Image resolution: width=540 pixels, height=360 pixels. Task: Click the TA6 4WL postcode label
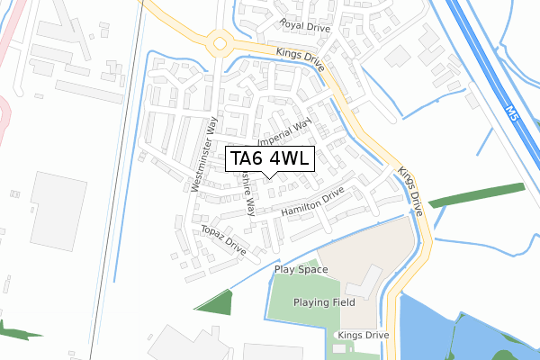[270, 159]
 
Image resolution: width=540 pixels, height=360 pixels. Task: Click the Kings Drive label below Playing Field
[363, 335]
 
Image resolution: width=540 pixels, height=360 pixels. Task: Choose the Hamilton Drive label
[312, 202]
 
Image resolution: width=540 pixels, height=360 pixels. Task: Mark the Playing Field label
[324, 302]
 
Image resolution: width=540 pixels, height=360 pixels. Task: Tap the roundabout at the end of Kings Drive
[218, 41]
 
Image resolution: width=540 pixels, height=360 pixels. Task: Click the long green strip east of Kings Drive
[476, 195]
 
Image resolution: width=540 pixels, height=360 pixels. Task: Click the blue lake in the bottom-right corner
[477, 324]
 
